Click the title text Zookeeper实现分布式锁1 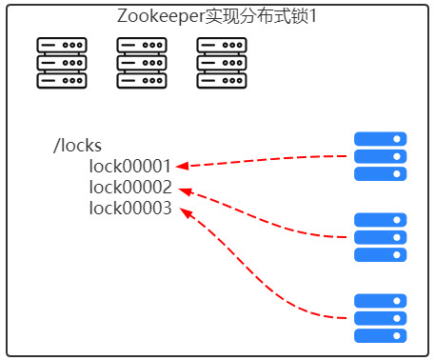218,17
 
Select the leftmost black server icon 62,63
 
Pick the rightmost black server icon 222,63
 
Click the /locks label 77,147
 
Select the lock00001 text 130,167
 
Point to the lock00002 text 130,188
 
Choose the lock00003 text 130,209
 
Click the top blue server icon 380,156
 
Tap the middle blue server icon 380,237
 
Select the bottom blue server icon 380,318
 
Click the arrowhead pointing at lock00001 181,166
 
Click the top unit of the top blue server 380,139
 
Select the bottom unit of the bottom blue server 380,335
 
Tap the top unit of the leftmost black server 62,46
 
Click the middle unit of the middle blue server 380,237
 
